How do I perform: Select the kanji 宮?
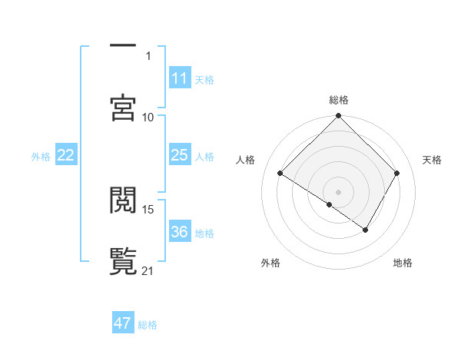point(123,108)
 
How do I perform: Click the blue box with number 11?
point(180,78)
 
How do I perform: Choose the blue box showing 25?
point(180,155)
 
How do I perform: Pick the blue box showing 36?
point(180,232)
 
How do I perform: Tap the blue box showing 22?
point(66,155)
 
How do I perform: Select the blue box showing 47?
point(123,323)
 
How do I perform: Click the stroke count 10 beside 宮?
point(148,117)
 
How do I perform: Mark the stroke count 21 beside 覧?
point(148,270)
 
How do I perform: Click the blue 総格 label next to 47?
point(148,325)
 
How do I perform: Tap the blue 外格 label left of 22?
point(41,157)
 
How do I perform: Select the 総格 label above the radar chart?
point(339,100)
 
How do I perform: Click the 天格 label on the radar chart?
point(432,160)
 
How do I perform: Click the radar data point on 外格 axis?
point(330,204)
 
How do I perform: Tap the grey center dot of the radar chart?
point(339,191)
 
